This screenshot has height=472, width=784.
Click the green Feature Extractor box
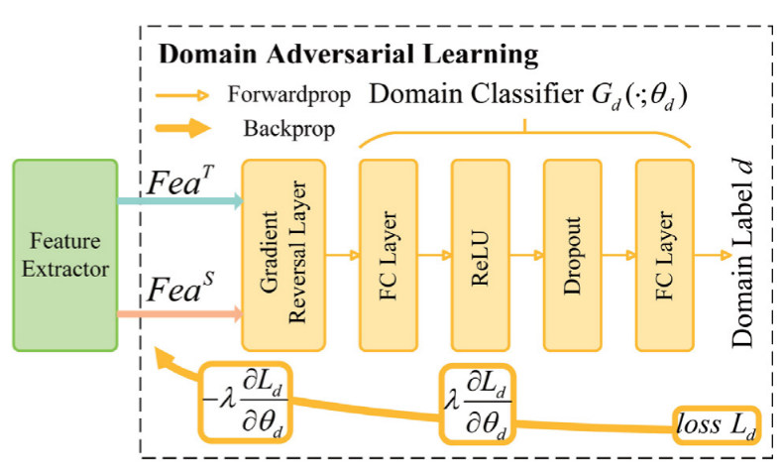pos(64,256)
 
